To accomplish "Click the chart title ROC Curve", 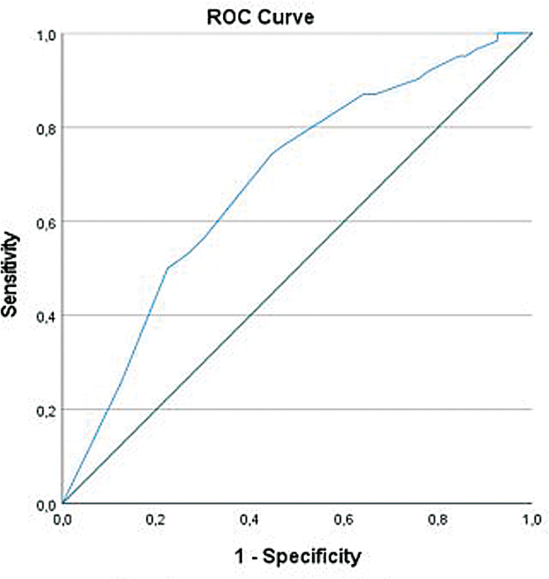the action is point(261,17).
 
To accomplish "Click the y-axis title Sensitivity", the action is point(10,274).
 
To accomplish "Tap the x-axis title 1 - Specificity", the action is point(298,557).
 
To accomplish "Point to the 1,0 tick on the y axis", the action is point(46,36).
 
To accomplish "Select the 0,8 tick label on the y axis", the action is point(46,130).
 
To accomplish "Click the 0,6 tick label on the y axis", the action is point(46,224).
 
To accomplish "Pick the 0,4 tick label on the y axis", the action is point(46,317).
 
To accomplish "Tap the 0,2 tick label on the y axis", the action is point(46,411).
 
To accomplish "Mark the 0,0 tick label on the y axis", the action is point(46,506).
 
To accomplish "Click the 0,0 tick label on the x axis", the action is point(62,520).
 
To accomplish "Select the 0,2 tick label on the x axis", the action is point(156,520).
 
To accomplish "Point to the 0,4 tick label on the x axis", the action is point(250,520).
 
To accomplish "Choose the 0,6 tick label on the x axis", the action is point(344,520).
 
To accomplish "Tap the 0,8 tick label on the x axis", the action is point(438,520).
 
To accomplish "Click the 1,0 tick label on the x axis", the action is point(532,520).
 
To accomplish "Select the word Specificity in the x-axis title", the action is point(312,557).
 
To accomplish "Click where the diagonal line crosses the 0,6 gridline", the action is point(344,221).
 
